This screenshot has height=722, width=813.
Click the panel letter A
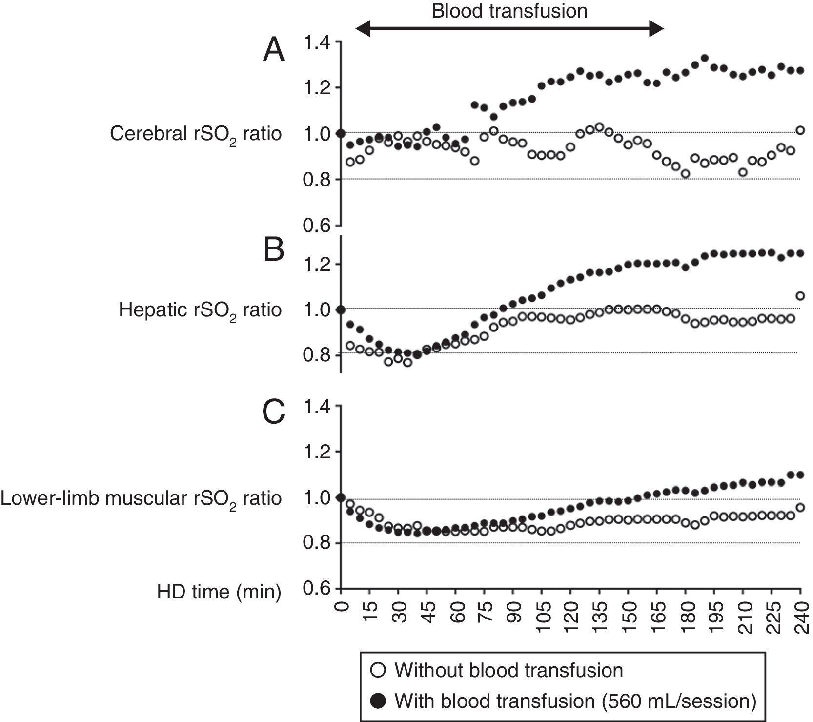click(x=274, y=51)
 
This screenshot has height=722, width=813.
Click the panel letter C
click(x=274, y=413)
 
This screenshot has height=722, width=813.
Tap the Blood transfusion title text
click(x=509, y=10)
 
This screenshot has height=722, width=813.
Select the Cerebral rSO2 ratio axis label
click(x=196, y=134)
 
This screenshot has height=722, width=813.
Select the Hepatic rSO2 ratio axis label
click(x=200, y=310)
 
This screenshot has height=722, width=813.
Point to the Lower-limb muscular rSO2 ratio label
click(x=141, y=499)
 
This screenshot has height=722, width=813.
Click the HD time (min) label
click(x=219, y=592)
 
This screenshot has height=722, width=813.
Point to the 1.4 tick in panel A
click(x=317, y=43)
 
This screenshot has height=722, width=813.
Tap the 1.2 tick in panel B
click(x=317, y=265)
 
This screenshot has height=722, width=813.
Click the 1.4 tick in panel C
click(x=317, y=407)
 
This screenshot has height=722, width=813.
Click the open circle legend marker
click(x=378, y=670)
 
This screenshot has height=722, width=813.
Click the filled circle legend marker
click(x=378, y=701)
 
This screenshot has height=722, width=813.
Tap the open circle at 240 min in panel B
click(x=800, y=296)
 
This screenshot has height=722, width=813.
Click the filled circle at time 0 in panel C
click(x=341, y=497)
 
